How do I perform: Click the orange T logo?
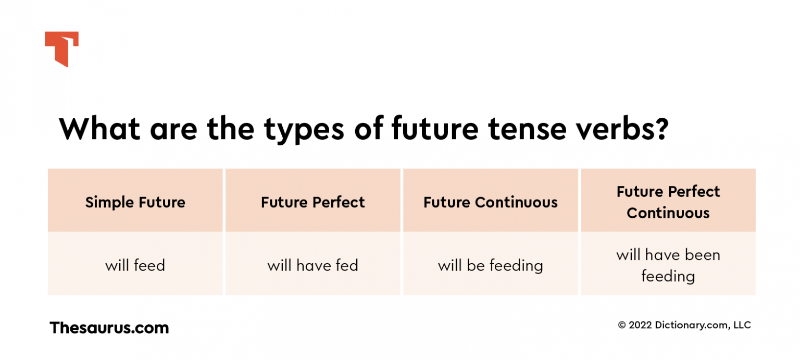pyautogui.click(x=61, y=47)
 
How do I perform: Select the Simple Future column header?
pyautogui.click(x=135, y=202)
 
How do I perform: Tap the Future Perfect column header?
pyautogui.click(x=313, y=202)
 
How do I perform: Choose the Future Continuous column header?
pyautogui.click(x=491, y=202)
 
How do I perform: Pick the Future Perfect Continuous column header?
pyautogui.click(x=668, y=202)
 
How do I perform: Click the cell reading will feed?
pyautogui.click(x=135, y=265)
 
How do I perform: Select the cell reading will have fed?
pyautogui.click(x=313, y=265)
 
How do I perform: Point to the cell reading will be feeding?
pyautogui.click(x=491, y=265)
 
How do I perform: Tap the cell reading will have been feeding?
pyautogui.click(x=668, y=265)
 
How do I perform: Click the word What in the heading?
pyautogui.click(x=99, y=129)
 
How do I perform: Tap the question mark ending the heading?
pyautogui.click(x=660, y=129)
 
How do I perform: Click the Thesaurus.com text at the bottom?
pyautogui.click(x=109, y=328)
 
